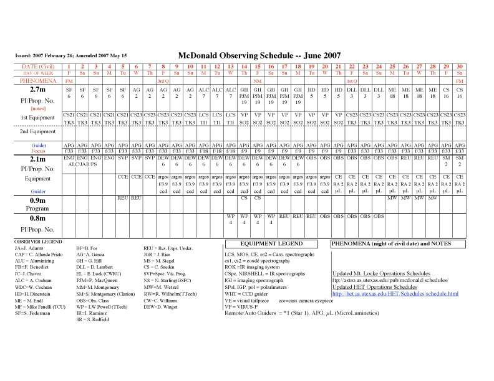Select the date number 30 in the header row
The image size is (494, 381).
point(459,67)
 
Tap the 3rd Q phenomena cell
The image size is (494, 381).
point(163,81)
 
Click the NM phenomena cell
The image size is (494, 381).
point(258,81)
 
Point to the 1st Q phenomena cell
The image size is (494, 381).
point(352,81)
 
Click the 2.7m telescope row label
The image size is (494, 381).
point(30,90)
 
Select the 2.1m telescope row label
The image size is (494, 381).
point(30,160)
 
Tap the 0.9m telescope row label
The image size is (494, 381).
point(30,200)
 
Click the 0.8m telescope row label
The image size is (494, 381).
point(30,219)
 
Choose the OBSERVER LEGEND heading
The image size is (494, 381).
point(39,241)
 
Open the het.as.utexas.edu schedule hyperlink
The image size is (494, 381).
point(395,293)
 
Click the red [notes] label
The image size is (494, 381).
point(30,108)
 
